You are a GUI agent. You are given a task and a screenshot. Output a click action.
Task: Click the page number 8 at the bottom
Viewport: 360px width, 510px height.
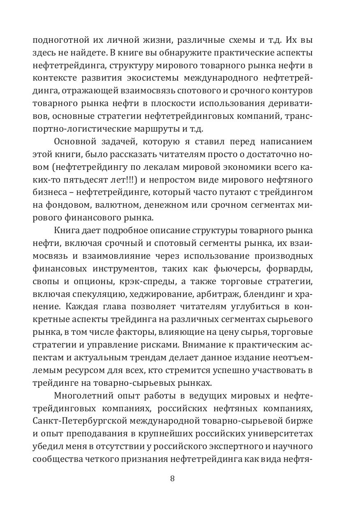[172, 478]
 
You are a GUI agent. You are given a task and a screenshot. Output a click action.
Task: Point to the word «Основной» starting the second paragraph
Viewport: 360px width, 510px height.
[73, 141]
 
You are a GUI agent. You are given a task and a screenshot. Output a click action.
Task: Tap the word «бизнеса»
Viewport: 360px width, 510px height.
[48, 192]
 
